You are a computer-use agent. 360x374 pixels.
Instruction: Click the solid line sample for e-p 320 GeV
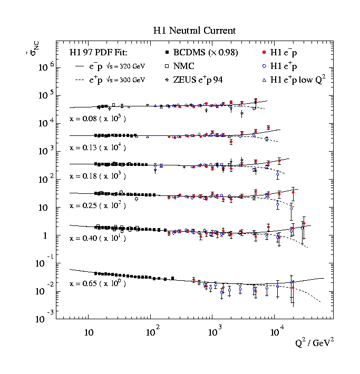pos(80,67)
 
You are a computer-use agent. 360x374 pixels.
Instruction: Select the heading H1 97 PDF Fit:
pos(99,53)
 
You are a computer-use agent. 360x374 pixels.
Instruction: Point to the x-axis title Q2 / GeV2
pos(315,343)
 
